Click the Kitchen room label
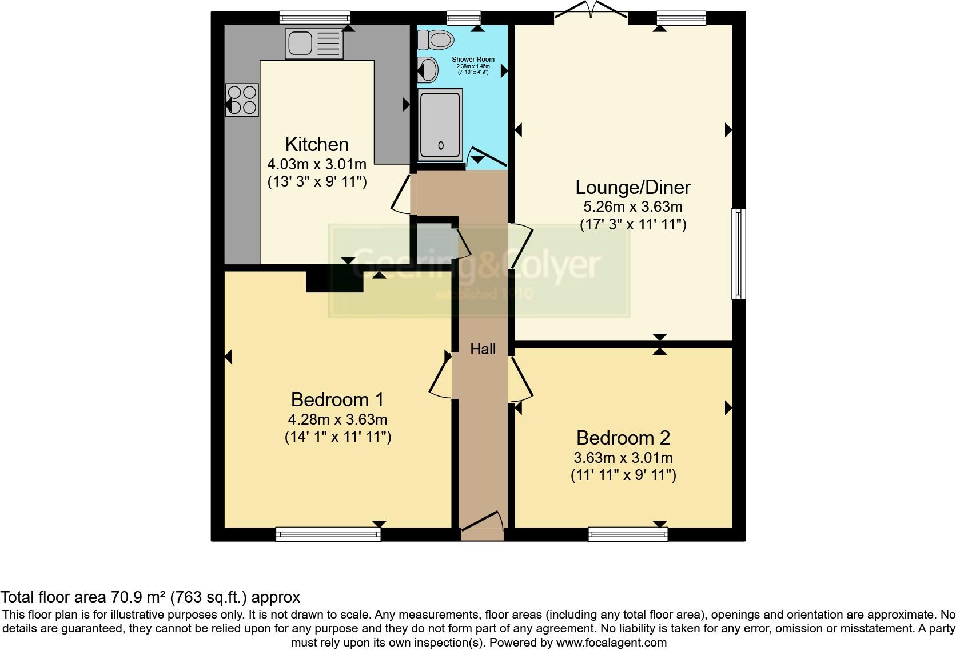(317, 144)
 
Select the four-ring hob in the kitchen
(242, 100)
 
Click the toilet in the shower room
(436, 39)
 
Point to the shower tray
(440, 125)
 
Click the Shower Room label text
(473, 60)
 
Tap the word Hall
(483, 349)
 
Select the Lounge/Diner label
(632, 187)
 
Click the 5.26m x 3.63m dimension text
(632, 206)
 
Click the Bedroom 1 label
(337, 399)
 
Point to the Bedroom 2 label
(623, 438)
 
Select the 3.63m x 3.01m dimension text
(623, 458)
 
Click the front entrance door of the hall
(482, 525)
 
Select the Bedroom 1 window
(328, 534)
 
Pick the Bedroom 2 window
(628, 534)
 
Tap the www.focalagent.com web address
(611, 643)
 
